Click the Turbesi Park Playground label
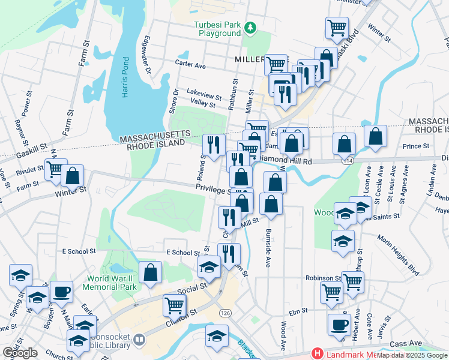217,29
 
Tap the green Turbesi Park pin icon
252,27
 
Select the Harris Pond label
124,73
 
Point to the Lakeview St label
204,94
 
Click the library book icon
139,340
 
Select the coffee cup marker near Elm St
339,325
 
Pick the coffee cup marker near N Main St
61,292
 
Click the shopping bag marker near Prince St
375,137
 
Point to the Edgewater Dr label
146,50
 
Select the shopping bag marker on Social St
150,272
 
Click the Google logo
20,353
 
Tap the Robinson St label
322,278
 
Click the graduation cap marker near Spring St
20,275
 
